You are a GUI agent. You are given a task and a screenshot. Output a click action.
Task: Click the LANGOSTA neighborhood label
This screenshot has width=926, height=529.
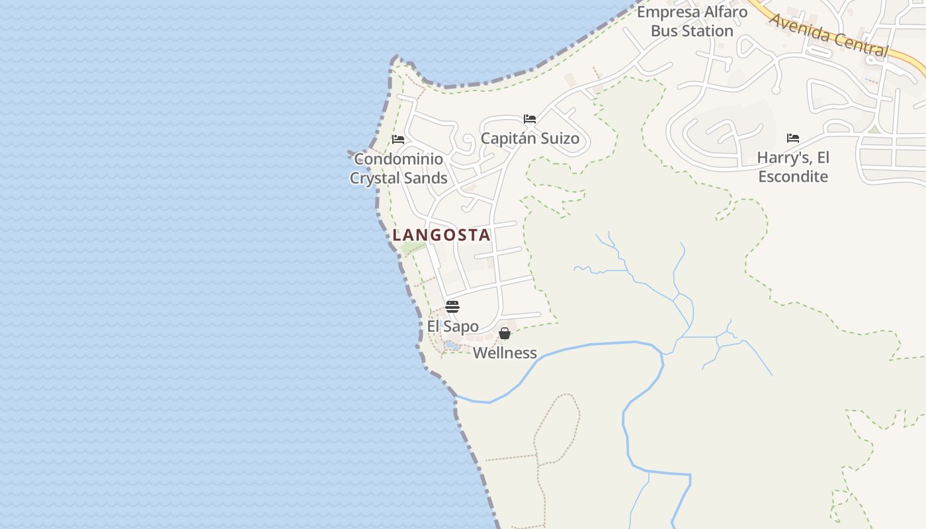pos(441,235)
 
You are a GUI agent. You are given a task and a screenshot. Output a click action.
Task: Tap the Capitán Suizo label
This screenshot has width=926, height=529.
pos(530,138)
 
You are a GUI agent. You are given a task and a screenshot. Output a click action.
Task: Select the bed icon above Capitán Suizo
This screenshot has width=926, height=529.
pos(530,119)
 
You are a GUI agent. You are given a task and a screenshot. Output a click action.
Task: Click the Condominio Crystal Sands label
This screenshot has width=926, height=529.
pos(399,169)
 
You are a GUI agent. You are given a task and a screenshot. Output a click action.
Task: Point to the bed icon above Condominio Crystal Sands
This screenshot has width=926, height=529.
pos(398,140)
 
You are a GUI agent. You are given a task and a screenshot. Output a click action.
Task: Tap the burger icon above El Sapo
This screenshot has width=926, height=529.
pos(452,307)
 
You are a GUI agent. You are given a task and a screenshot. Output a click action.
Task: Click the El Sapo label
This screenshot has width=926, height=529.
pos(452,326)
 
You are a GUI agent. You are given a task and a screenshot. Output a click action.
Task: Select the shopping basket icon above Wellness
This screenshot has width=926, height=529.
pos(505,333)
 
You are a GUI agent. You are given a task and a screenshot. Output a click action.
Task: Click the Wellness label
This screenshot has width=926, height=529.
pos(505,352)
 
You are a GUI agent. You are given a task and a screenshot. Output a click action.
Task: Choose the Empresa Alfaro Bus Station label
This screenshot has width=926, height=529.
pos(692,21)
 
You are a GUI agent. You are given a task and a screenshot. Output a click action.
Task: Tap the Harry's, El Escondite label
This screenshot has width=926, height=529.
pos(793,167)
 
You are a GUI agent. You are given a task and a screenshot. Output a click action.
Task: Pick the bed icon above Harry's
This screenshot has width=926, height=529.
pos(793,138)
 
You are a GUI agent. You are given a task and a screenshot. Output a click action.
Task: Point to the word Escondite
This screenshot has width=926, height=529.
pos(793,177)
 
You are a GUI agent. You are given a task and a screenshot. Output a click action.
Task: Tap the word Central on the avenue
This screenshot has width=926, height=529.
pos(860,43)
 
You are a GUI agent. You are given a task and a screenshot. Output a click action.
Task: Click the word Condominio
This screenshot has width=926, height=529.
pos(399,159)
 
